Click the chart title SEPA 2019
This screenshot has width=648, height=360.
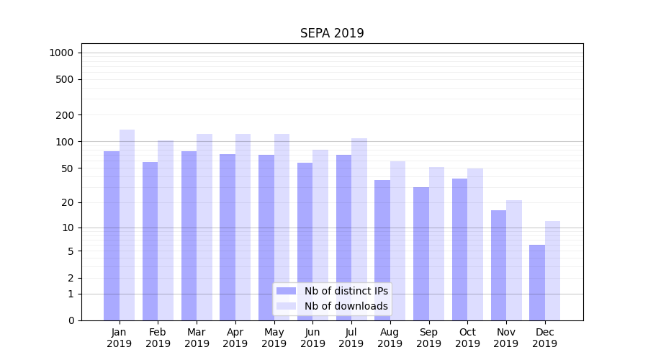point(332,34)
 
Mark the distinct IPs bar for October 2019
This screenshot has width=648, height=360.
point(459,249)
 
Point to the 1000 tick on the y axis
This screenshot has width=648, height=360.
point(61,53)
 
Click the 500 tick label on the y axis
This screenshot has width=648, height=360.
point(65,79)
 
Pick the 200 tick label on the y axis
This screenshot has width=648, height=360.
point(65,115)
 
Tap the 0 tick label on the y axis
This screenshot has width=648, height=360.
point(71,320)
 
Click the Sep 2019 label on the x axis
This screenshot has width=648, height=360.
point(428,338)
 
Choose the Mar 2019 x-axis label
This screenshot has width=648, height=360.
point(197,338)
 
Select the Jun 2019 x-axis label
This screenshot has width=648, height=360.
point(312,338)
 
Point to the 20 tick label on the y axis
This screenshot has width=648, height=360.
point(68,202)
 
